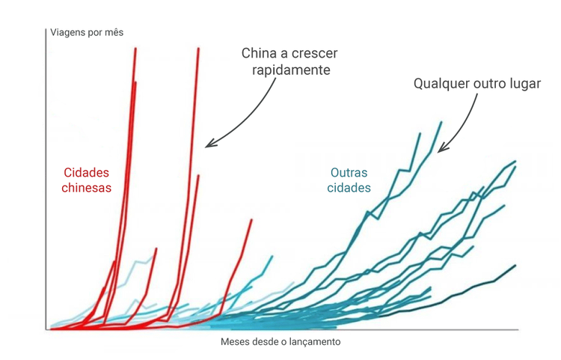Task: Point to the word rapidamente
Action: click(x=286, y=70)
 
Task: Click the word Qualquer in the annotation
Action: click(x=442, y=83)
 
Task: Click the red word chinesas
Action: click(x=87, y=188)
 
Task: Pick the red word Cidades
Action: click(x=88, y=171)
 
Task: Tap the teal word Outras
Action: click(x=349, y=171)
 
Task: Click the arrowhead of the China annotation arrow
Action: click(x=209, y=144)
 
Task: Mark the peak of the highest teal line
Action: click(x=441, y=121)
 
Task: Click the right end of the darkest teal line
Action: click(x=515, y=265)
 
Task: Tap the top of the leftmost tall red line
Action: click(x=135, y=48)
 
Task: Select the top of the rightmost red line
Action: click(x=251, y=219)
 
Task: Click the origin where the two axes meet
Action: click(x=47, y=329)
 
